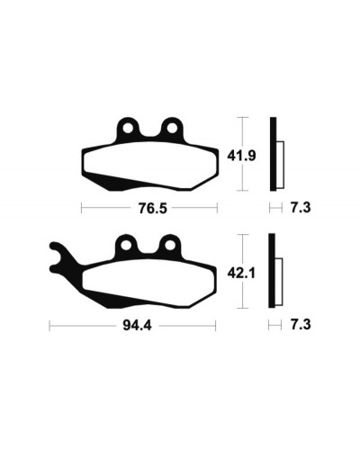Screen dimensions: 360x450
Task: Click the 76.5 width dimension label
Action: click(x=152, y=208)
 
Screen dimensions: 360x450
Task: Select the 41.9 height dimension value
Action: click(x=241, y=156)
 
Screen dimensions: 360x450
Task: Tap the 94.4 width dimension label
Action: click(x=137, y=326)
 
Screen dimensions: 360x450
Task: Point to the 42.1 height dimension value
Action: click(x=241, y=274)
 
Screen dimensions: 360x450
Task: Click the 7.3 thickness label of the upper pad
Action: click(x=301, y=208)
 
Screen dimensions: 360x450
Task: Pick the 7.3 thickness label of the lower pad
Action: click(x=301, y=325)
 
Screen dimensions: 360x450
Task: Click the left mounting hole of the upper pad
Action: click(x=128, y=129)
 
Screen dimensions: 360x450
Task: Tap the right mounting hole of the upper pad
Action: click(x=172, y=129)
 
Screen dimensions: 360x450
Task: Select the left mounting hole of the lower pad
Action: click(x=126, y=246)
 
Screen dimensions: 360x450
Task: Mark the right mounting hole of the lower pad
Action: click(x=170, y=246)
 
